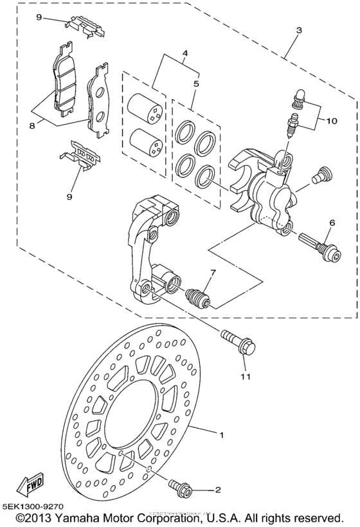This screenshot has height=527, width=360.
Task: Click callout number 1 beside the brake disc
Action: [x=221, y=435]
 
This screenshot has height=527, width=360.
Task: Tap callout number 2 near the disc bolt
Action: [x=218, y=490]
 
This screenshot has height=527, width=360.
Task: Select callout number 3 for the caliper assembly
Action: [x=298, y=29]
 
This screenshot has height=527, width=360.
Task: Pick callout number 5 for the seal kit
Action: [x=195, y=84]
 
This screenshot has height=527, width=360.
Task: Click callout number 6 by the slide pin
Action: [x=332, y=222]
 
